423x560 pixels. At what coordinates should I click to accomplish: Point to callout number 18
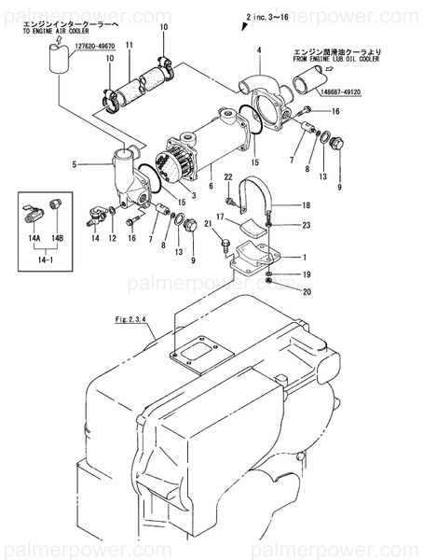(304, 204)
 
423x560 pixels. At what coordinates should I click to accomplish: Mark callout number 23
(304, 224)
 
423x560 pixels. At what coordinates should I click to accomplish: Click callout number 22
(227, 175)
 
